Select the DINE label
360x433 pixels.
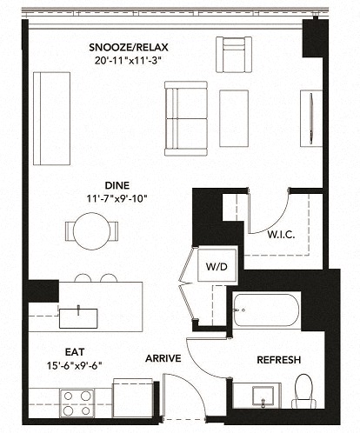(117, 185)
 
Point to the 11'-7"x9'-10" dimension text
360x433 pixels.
(117, 199)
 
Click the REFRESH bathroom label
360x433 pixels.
(279, 360)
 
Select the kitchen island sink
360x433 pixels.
(77, 313)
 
